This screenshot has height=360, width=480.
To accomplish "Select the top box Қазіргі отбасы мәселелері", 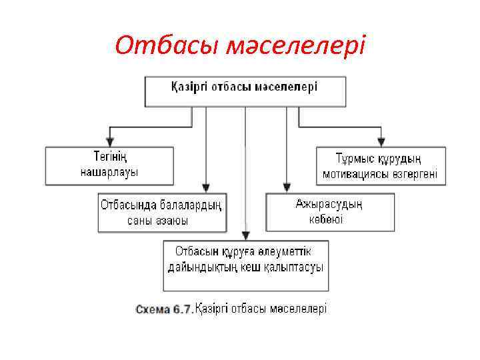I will point(245,91).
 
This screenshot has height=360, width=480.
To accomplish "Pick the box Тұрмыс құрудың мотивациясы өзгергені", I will point(381,166).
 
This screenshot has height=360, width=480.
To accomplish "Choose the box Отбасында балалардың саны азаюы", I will point(162,212).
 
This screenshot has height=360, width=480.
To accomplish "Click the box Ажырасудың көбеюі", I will point(330,212).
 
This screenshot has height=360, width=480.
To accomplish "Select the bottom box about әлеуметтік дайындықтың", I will point(245,265).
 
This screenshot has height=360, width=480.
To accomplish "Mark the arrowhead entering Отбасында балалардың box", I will point(206,189).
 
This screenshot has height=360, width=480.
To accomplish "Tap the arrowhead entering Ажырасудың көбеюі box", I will point(287,189).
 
